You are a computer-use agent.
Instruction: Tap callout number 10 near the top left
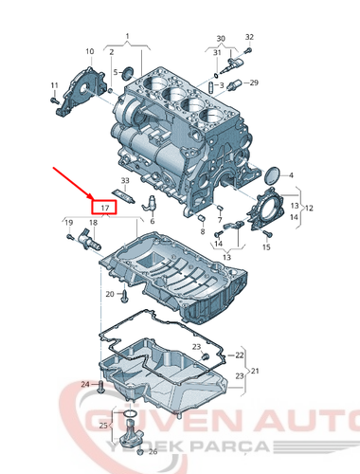coord(89,50)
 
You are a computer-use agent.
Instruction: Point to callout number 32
coord(249,37)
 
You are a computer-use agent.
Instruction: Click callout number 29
coord(253,84)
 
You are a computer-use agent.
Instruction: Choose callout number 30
coord(221,39)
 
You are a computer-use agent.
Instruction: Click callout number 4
coord(291,175)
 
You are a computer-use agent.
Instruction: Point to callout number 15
coord(267,247)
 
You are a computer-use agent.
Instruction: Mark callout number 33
coord(125,180)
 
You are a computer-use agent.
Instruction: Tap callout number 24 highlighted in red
coord(83,384)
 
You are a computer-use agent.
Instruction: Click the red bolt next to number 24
coord(99,385)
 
